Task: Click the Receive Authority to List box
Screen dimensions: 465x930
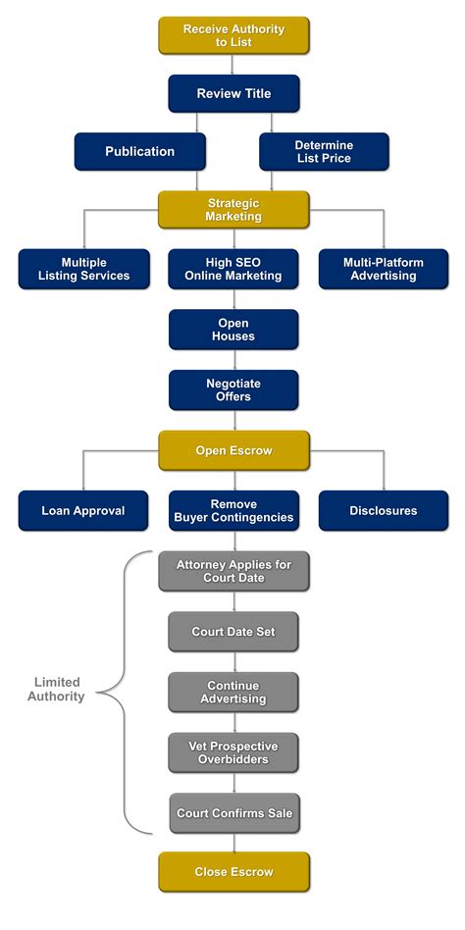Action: click(233, 35)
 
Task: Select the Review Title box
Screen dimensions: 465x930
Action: click(233, 93)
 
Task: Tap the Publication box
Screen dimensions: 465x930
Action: click(140, 151)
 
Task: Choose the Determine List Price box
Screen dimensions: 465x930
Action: click(324, 151)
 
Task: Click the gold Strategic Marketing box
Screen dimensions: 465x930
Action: click(233, 209)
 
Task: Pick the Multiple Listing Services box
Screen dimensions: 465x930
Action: click(83, 269)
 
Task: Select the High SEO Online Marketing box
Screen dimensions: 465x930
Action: click(233, 269)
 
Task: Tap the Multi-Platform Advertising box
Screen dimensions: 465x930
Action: click(384, 269)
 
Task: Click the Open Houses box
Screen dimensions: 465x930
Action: click(233, 330)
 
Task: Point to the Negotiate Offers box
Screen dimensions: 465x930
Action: click(233, 389)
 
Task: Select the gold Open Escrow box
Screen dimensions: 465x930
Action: click(233, 450)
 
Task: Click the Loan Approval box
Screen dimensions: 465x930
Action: click(83, 510)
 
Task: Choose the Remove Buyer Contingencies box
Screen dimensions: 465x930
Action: click(233, 510)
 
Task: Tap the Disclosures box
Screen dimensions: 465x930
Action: click(384, 510)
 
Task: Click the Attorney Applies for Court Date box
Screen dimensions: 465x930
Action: click(233, 571)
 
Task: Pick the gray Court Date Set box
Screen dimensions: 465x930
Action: click(233, 631)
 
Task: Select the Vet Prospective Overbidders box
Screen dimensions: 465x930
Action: click(233, 752)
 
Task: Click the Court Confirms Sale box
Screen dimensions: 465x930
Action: click(234, 812)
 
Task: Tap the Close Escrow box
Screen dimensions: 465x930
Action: click(233, 872)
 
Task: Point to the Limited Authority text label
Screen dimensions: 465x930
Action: click(56, 690)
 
